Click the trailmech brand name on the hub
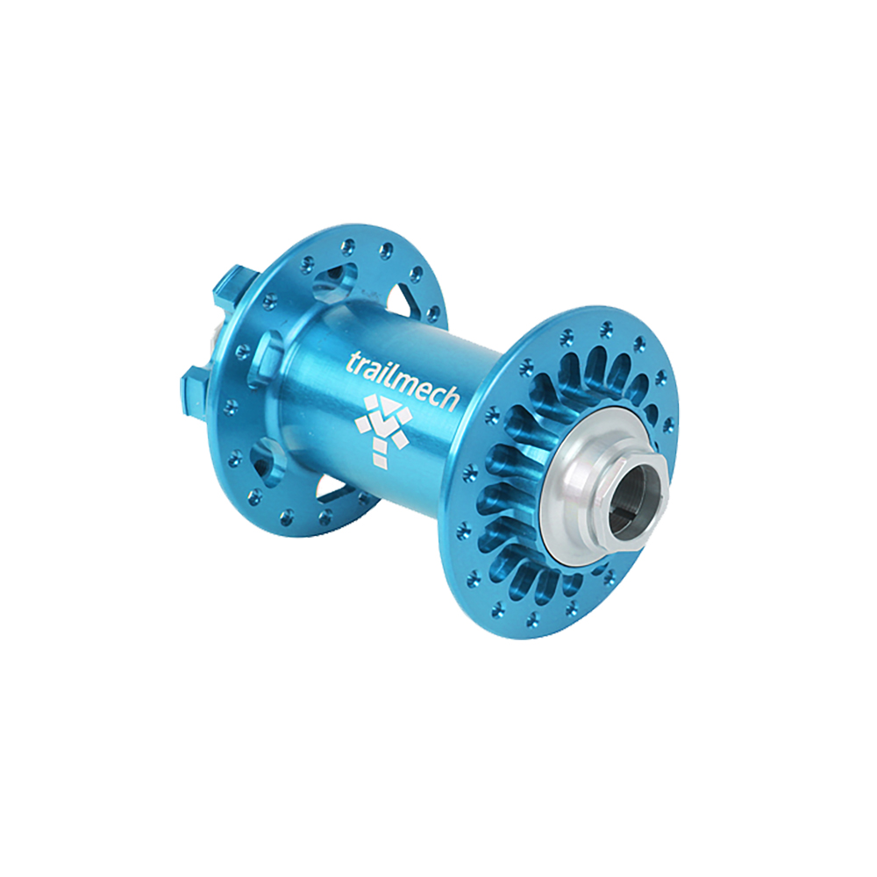pos(403,381)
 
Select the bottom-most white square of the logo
pos(381,458)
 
